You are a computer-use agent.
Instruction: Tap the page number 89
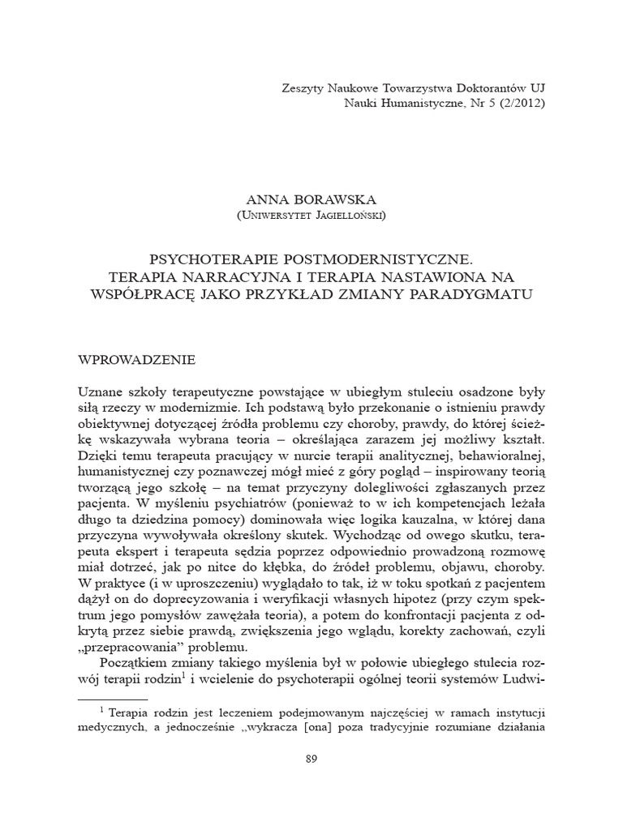[311, 758]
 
